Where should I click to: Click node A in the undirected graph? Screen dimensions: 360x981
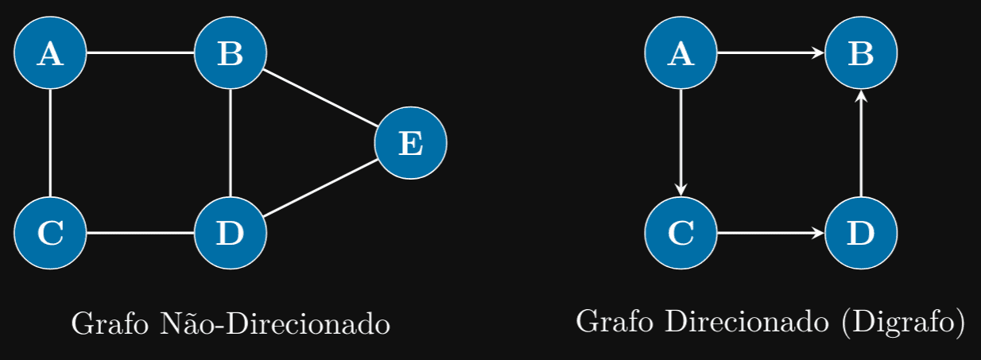click(x=50, y=53)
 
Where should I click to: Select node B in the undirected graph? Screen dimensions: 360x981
click(x=230, y=53)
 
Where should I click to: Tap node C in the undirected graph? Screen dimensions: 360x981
click(x=50, y=233)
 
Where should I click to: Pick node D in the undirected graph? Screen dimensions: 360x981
click(x=230, y=233)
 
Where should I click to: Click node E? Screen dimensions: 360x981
click(x=410, y=143)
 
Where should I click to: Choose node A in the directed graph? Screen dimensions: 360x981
click(x=680, y=53)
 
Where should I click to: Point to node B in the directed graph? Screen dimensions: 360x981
click(x=861, y=53)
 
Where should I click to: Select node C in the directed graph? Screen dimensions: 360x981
click(x=680, y=233)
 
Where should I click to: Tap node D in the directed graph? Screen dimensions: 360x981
click(x=861, y=233)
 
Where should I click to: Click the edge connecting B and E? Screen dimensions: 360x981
click(x=320, y=99)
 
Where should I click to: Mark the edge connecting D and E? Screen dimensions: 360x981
click(x=320, y=188)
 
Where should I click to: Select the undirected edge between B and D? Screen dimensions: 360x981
click(x=230, y=143)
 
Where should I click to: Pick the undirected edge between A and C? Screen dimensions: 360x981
click(x=50, y=143)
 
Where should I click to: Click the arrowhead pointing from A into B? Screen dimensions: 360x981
click(x=819, y=53)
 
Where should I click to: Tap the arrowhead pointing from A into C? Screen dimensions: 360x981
click(x=680, y=189)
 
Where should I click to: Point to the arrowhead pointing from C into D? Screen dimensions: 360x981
click(x=819, y=233)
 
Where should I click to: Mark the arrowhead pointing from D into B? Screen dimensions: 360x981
click(x=861, y=97)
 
